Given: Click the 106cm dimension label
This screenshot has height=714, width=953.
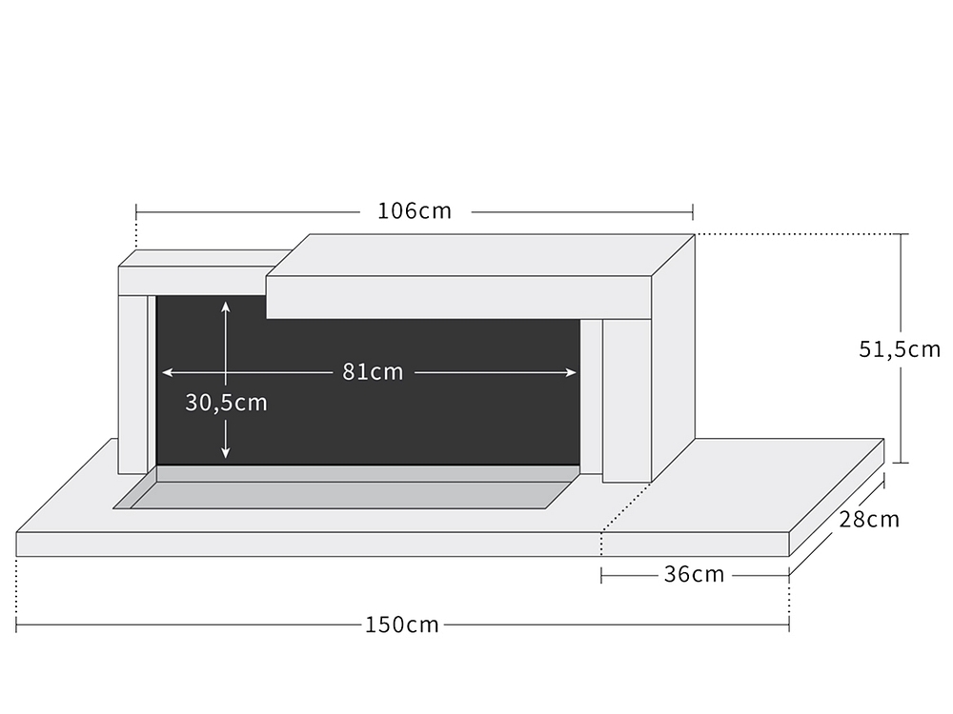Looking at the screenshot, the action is [415, 211].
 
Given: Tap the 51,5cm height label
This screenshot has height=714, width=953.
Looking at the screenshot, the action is [900, 349].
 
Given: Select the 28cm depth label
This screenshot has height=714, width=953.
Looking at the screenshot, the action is [869, 519].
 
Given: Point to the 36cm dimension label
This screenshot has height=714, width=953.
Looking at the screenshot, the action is [694, 574].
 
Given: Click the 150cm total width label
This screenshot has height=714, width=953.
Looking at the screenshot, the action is [402, 625].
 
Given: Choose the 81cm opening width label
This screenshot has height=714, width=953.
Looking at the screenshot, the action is [373, 371].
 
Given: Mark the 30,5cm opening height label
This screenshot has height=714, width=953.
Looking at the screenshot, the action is [226, 403].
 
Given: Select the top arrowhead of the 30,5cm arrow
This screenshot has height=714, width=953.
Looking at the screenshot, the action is [226, 307].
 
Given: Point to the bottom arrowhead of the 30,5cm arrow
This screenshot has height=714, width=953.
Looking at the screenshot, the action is [226, 453].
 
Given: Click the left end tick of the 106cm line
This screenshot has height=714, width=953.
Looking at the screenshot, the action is [136, 212].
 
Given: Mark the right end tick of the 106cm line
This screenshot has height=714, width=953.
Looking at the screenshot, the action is [693, 212].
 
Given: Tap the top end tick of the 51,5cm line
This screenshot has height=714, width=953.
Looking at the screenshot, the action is [901, 234].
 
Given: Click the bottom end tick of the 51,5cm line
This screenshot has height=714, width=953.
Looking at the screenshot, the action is [901, 463].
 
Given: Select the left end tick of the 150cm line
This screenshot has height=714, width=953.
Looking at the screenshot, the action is [16, 625].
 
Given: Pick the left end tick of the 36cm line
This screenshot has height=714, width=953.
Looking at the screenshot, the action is [601, 575].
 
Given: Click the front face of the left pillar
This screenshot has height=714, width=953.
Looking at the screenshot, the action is [132, 385].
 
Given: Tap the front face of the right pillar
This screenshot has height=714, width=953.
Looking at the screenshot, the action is [627, 401].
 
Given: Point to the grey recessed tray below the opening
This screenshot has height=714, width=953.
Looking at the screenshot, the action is [347, 487].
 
